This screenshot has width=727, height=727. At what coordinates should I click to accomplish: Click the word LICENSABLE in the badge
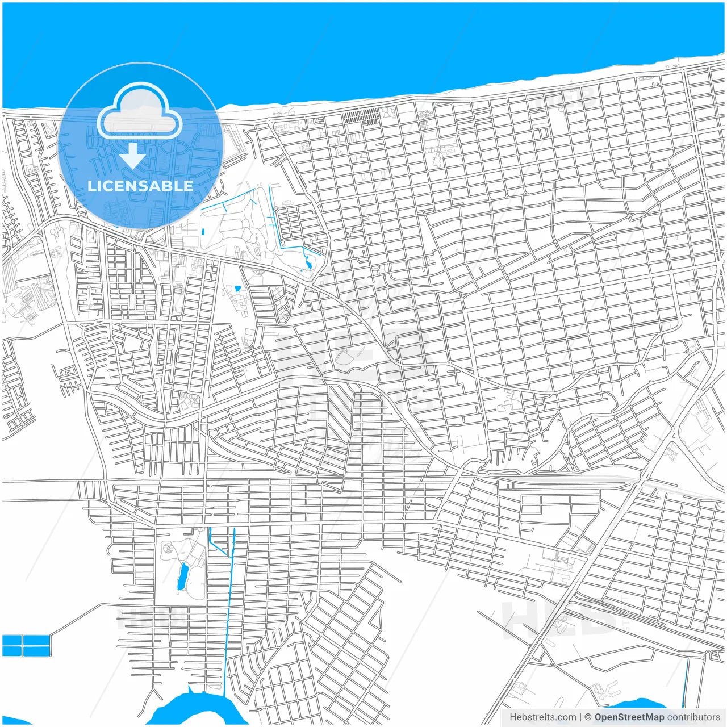pyautogui.click(x=140, y=186)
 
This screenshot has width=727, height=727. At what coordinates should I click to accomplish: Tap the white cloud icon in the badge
pyautogui.click(x=139, y=112)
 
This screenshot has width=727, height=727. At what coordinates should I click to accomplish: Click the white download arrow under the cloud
pyautogui.click(x=133, y=156)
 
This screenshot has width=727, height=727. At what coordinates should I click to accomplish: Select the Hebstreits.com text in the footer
pyautogui.click(x=542, y=717)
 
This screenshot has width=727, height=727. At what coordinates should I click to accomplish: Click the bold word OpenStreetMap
pyautogui.click(x=629, y=717)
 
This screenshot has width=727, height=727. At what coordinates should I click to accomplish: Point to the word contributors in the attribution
pyautogui.click(x=693, y=717)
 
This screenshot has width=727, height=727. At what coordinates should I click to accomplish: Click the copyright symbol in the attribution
pyautogui.click(x=588, y=717)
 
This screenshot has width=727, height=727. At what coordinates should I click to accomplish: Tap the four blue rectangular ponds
pyautogui.click(x=26, y=646)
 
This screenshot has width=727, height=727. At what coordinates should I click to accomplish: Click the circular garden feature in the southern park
pyautogui.click(x=169, y=549)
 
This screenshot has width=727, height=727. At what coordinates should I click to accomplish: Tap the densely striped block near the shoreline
pyautogui.click(x=360, y=118)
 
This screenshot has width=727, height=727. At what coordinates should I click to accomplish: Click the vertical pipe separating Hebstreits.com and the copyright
pyautogui.click(x=580, y=717)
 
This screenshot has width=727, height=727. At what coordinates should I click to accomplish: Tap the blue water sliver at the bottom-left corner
pyautogui.click(x=14, y=721)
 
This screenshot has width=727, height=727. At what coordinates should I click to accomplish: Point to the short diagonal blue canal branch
pyautogui.click(x=218, y=548)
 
